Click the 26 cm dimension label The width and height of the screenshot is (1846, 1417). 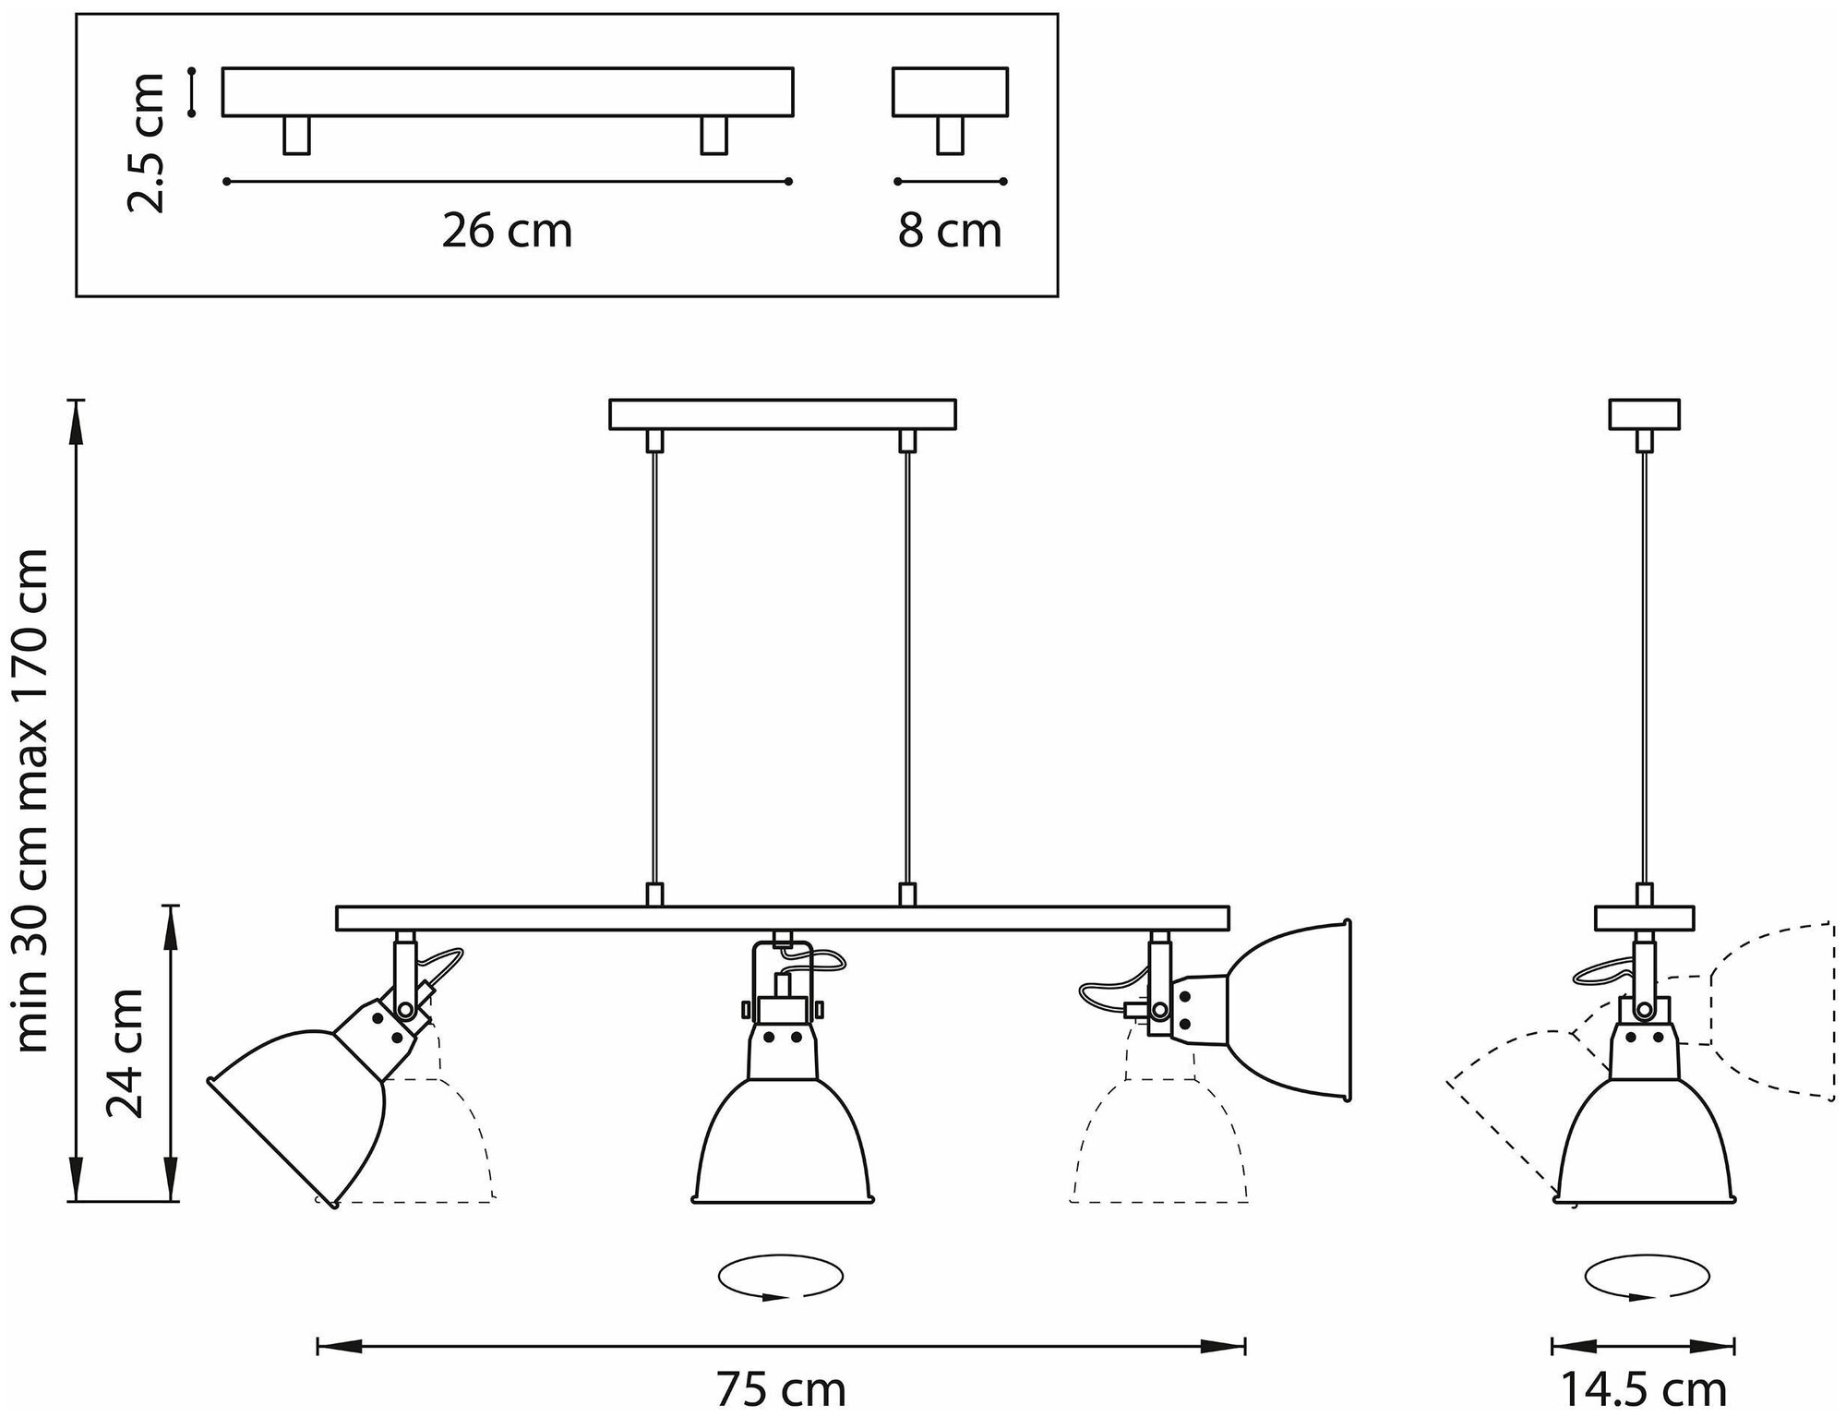507,231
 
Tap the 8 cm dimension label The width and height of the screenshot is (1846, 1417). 950,231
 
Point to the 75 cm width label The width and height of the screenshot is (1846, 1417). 781,1387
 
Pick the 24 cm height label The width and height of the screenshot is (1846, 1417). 126,1052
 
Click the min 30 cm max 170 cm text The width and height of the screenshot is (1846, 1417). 33,799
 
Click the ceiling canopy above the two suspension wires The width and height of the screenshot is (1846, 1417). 782,414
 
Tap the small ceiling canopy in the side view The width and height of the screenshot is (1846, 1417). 1644,414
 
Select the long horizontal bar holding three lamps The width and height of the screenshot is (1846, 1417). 782,918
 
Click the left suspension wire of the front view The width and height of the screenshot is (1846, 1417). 654,665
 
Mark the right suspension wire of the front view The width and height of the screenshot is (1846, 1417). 908,665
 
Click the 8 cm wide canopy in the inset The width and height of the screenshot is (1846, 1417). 950,91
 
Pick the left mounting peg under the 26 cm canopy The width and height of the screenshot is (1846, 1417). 296,135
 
